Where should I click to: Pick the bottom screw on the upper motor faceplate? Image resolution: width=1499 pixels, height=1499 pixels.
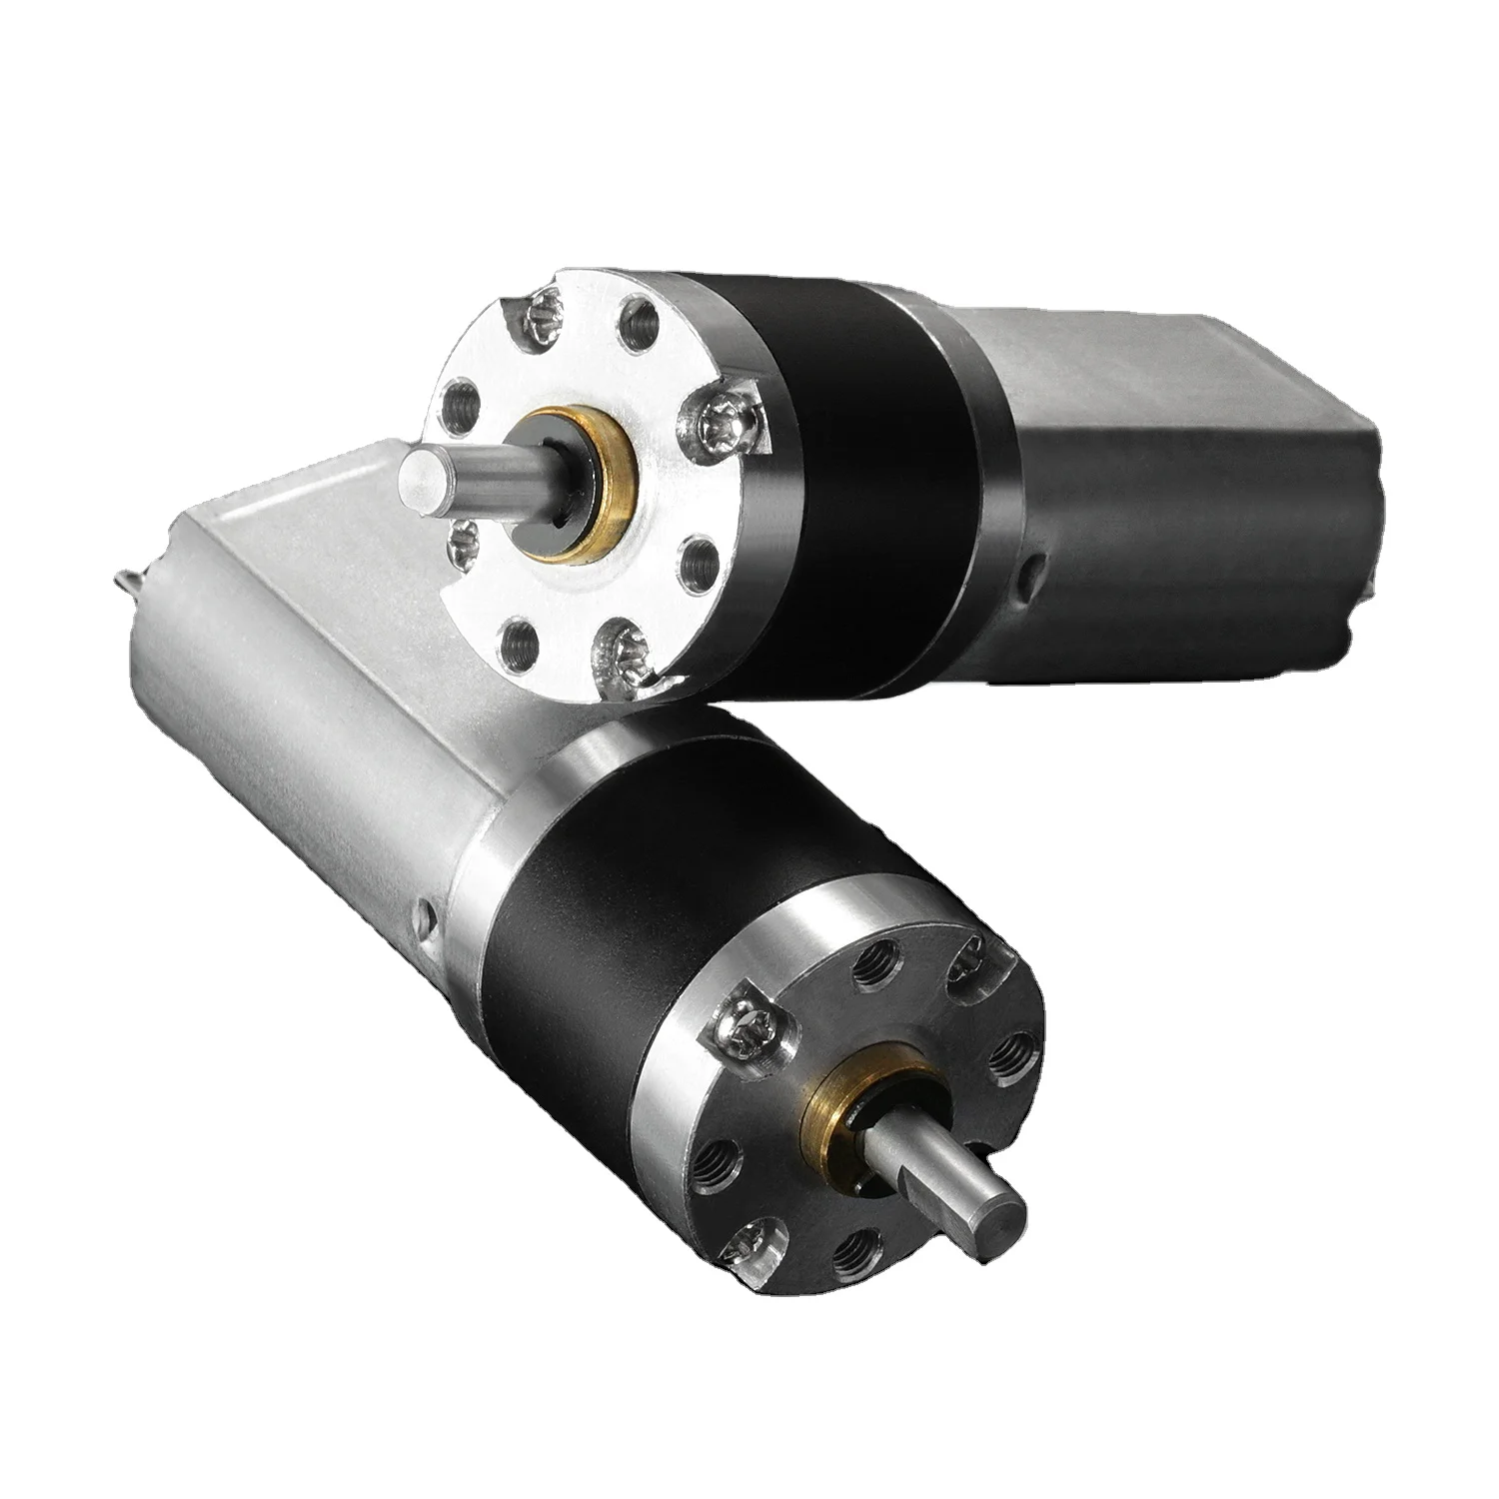click(x=622, y=637)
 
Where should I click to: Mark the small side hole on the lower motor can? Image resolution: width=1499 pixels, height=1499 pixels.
click(x=428, y=912)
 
